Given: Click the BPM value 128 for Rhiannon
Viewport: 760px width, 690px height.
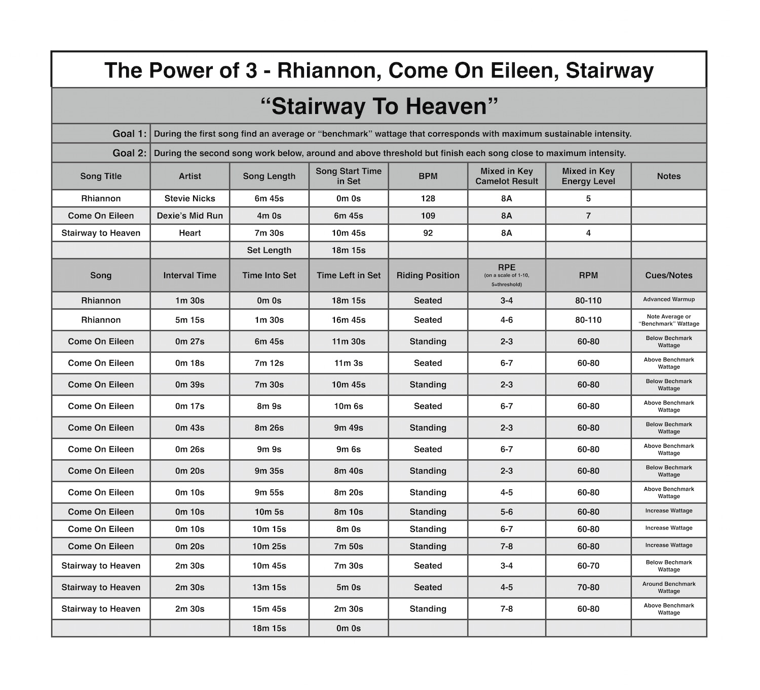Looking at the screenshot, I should (428, 199).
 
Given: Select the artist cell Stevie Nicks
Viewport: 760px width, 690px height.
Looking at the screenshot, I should (190, 199).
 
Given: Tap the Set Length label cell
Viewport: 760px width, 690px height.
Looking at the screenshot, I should (269, 250).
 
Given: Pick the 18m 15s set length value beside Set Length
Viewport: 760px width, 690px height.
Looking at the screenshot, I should (349, 250).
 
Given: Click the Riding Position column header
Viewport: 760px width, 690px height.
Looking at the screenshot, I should (428, 276).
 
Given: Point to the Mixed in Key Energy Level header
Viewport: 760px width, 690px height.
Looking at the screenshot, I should (588, 176).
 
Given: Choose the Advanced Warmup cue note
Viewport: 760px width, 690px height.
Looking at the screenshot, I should (669, 299).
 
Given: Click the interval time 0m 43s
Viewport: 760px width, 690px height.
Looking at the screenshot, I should (190, 428).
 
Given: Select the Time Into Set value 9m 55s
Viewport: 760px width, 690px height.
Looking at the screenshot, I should (269, 492).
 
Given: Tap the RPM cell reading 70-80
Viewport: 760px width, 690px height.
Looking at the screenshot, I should (588, 588).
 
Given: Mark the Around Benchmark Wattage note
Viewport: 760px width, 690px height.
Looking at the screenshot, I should (669, 588).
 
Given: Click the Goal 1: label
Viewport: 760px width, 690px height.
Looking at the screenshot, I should (130, 134).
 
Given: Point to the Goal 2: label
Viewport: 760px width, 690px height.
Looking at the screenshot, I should (130, 153).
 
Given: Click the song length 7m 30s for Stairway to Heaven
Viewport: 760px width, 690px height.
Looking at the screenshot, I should (269, 233).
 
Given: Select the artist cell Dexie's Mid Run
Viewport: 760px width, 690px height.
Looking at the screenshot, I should (190, 216).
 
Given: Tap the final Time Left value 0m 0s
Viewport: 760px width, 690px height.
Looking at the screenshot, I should (349, 628).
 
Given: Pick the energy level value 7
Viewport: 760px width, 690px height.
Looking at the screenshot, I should (588, 216).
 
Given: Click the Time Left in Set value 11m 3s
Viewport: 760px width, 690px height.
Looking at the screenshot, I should (349, 363).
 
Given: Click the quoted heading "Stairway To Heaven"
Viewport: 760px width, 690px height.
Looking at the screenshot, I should (379, 106).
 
